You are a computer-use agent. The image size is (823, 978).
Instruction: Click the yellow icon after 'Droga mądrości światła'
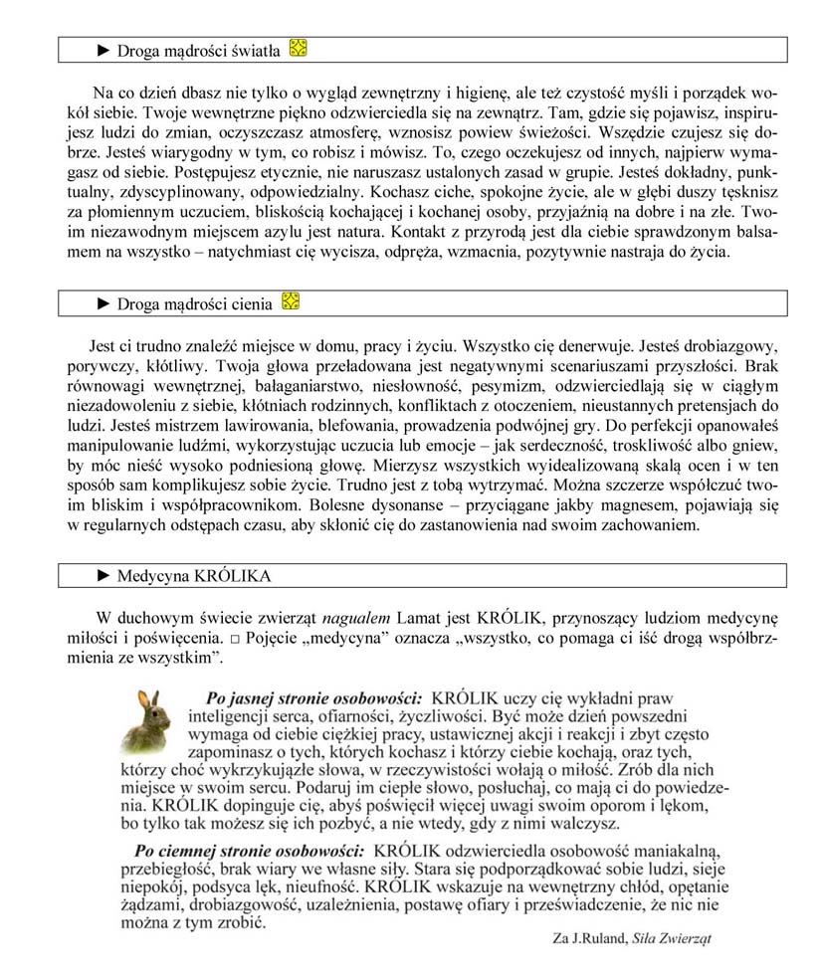pyautogui.click(x=297, y=47)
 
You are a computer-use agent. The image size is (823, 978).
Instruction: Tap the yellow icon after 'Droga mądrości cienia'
pyautogui.click(x=290, y=299)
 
